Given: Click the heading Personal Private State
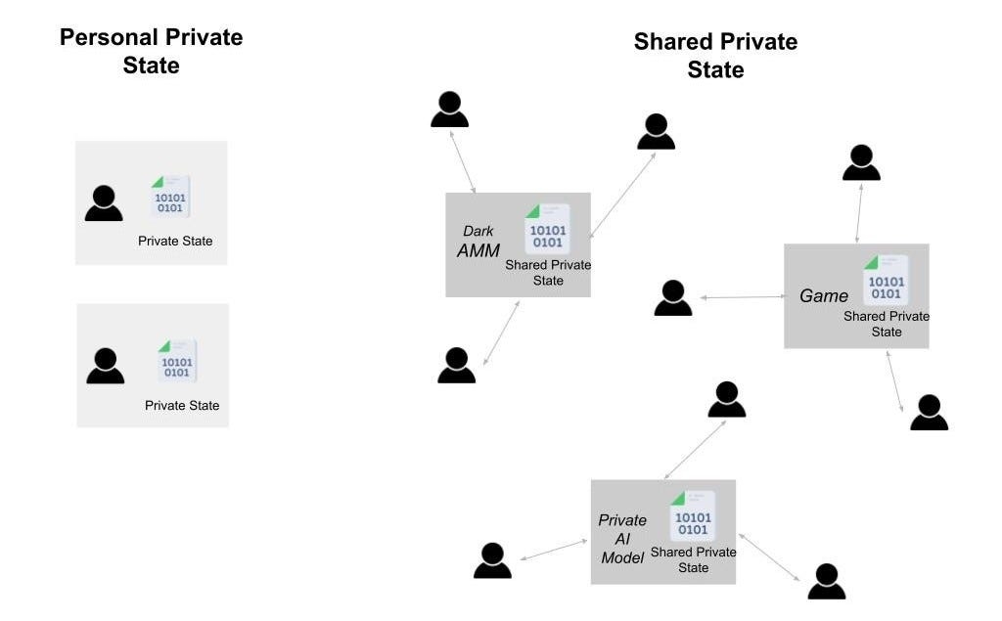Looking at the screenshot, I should click(x=151, y=52).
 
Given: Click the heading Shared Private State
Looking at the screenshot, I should click(x=715, y=56).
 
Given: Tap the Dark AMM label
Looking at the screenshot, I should click(x=478, y=242).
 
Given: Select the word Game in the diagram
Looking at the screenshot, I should click(x=824, y=296).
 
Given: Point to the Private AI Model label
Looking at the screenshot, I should click(x=622, y=539).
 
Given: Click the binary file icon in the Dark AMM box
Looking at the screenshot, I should click(x=547, y=229).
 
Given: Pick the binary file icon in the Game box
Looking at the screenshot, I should click(x=886, y=281).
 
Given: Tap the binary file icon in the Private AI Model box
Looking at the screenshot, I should click(x=692, y=515).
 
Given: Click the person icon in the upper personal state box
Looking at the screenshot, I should click(x=104, y=203).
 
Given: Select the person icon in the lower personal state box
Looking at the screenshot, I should click(x=105, y=366).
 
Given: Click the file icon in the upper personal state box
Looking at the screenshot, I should click(x=170, y=197).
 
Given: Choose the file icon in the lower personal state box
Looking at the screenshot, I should click(x=177, y=360).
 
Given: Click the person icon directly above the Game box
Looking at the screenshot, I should click(x=861, y=162).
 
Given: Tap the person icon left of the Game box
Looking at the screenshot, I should click(x=673, y=298).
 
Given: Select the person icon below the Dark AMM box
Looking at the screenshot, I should click(x=456, y=365).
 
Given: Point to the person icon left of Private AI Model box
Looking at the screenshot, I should click(x=492, y=560).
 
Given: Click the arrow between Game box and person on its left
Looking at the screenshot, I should click(x=741, y=296).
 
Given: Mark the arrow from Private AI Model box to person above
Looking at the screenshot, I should click(x=695, y=450).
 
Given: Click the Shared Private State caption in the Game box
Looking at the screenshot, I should click(x=887, y=324).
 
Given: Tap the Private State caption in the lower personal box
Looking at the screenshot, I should click(x=182, y=405).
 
